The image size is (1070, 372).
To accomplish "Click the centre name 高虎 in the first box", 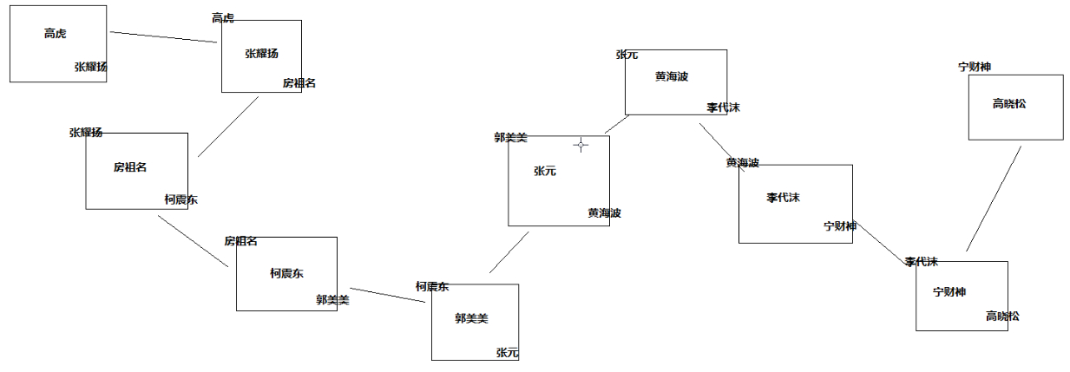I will [x=55, y=34].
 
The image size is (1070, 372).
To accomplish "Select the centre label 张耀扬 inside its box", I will [x=261, y=54].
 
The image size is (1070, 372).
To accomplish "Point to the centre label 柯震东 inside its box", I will [x=286, y=273].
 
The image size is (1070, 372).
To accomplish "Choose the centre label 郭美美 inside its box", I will [x=471, y=318].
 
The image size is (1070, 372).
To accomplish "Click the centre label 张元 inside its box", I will [x=545, y=172].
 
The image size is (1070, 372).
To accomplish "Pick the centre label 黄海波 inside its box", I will [x=672, y=76].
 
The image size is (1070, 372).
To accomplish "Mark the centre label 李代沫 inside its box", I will [x=783, y=198].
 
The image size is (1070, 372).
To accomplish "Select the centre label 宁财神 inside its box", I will [x=949, y=292].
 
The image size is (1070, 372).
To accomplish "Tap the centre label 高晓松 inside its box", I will [x=1008, y=104].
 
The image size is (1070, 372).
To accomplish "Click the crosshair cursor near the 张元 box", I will [x=581, y=145].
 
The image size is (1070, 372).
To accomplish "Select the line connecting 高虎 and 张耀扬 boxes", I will [x=163, y=36].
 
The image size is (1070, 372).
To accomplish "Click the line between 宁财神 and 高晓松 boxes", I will [x=994, y=199].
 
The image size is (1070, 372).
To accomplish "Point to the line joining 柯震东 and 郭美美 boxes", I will [x=387, y=295].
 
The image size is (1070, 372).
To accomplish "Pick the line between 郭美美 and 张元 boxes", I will [x=509, y=252].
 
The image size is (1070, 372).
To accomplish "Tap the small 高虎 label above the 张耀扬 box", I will [x=223, y=18].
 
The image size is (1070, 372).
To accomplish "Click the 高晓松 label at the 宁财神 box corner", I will [x=1002, y=317].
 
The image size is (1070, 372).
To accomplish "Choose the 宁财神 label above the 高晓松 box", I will [x=975, y=66].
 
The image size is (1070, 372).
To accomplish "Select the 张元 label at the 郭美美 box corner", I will [x=507, y=353].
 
